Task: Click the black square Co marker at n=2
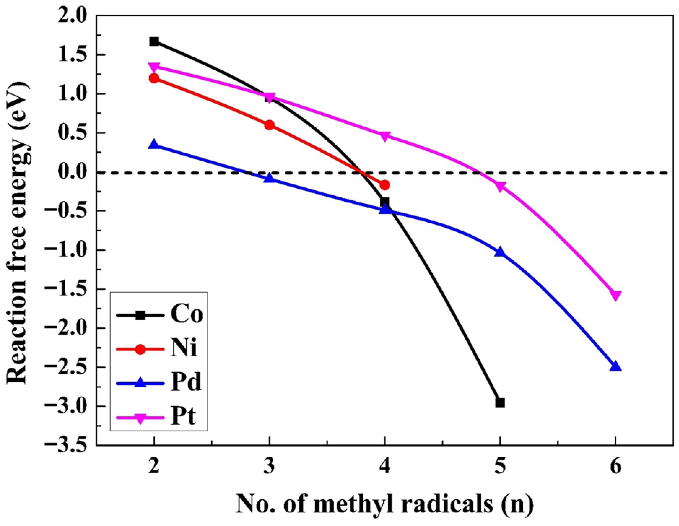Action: point(154,42)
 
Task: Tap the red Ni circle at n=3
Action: point(270,125)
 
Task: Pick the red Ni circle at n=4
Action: point(385,185)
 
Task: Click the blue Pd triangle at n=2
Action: point(154,145)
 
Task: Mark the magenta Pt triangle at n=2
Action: point(154,67)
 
